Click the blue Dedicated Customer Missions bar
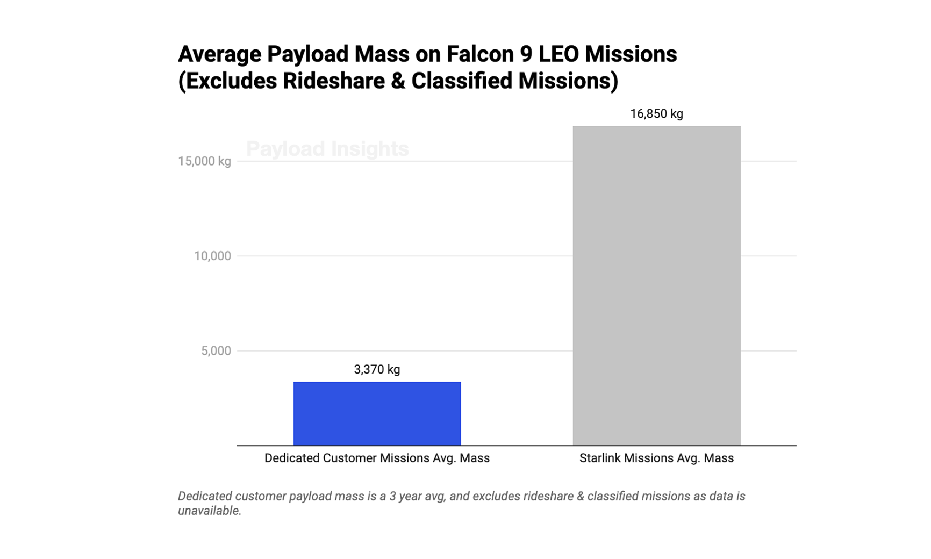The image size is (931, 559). click(377, 413)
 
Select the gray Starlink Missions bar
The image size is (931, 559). click(656, 285)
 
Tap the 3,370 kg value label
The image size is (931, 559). click(377, 369)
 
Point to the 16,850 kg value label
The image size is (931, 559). click(656, 114)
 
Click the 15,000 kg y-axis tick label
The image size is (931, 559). click(204, 161)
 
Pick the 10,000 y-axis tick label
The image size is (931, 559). click(212, 256)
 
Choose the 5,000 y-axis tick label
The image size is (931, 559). click(216, 351)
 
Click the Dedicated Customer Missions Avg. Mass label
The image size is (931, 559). click(377, 458)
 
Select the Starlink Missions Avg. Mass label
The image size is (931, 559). click(656, 458)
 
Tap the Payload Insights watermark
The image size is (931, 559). click(327, 149)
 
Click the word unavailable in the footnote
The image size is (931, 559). click(209, 511)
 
